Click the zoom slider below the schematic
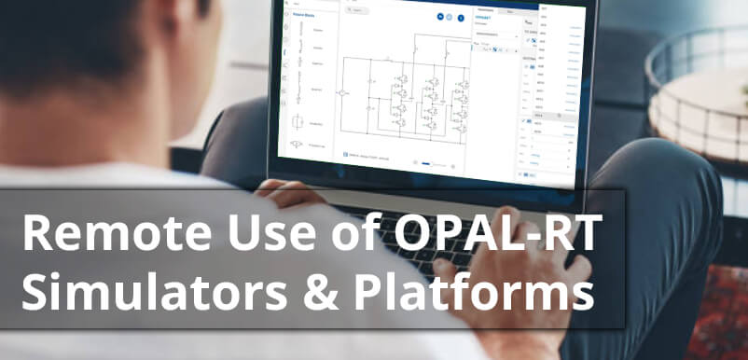(x=429, y=162)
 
